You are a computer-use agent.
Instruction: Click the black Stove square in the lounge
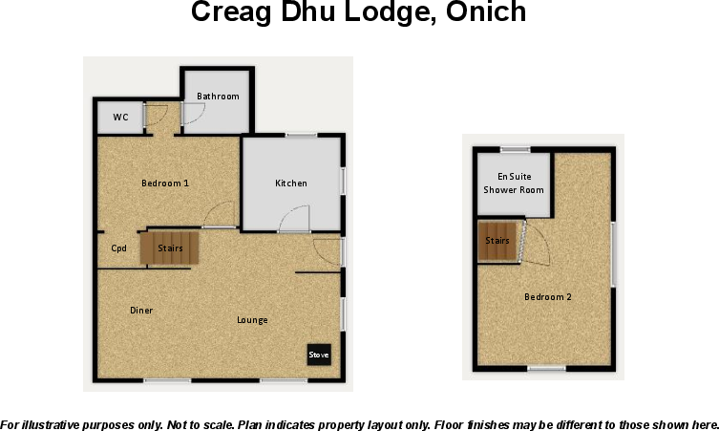319,355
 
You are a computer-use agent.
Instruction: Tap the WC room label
121,118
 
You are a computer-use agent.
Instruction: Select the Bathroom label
218,97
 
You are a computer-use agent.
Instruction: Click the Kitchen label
291,183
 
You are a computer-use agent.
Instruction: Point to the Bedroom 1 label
165,183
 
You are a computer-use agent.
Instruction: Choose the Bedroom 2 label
548,296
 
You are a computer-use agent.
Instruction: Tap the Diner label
141,310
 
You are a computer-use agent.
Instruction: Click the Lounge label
252,319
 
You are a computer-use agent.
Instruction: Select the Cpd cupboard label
119,248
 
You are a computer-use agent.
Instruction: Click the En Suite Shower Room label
514,183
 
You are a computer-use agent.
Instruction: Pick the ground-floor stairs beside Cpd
170,248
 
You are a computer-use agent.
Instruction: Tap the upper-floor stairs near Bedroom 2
497,241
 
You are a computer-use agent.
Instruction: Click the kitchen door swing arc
294,220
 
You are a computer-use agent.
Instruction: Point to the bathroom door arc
192,112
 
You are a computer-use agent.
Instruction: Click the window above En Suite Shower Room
516,148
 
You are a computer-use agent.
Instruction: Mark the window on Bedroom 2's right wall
613,253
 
